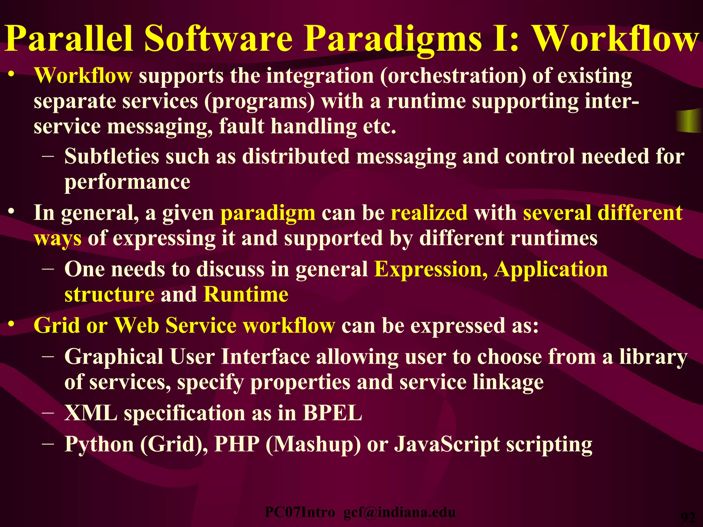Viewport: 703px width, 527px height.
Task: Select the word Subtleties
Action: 112,156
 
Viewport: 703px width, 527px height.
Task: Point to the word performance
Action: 127,182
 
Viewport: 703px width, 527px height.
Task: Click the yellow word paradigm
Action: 268,213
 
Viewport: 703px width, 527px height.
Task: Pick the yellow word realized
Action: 429,213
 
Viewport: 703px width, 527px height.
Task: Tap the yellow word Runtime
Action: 246,294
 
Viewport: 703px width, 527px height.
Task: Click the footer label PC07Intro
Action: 300,512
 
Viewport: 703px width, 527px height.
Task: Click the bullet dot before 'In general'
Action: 12,211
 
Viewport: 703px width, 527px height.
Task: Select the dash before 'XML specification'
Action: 48,412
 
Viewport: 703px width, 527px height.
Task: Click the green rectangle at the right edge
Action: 689,121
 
